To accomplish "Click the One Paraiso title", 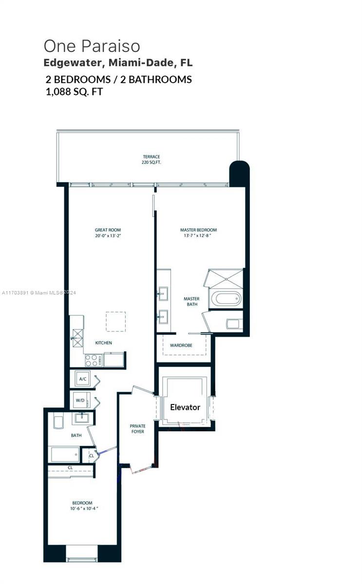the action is (92, 46).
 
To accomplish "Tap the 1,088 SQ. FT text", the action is (75, 91).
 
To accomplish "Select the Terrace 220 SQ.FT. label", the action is (152, 160).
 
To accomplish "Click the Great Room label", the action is (108, 230).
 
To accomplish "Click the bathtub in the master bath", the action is (226, 299).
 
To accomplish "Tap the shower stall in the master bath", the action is (226, 279).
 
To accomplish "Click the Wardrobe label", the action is (181, 346).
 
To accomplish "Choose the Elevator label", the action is (185, 407).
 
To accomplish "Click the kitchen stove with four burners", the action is (93, 361).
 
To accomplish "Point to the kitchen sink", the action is (77, 338).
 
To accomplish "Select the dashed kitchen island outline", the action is (115, 322).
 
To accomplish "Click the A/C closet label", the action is (83, 379).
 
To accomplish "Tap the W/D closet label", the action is (80, 400).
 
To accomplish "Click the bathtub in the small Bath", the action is (65, 454).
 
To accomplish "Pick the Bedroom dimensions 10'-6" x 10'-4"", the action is (84, 509).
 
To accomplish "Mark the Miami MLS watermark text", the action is (38, 293).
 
